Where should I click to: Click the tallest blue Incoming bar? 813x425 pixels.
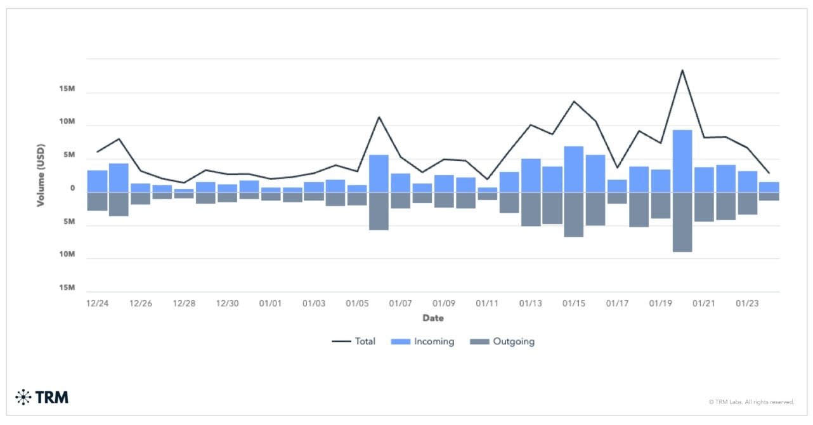[682, 161]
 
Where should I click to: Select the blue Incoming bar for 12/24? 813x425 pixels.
[97, 181]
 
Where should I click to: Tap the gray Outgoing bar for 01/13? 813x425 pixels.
[531, 209]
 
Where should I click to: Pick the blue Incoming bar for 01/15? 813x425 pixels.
[574, 169]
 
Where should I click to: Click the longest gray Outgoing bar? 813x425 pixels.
[682, 222]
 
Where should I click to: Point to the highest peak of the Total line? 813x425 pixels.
[682, 70]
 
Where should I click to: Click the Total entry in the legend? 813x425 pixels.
[354, 341]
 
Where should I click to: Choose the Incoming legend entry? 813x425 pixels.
[422, 341]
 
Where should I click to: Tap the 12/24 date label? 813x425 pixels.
[97, 303]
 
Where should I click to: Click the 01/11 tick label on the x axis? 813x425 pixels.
[487, 303]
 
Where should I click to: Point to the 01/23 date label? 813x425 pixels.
[747, 303]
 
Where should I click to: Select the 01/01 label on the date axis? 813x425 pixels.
[270, 303]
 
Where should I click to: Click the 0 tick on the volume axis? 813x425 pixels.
[73, 188]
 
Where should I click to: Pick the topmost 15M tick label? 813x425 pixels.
[67, 89]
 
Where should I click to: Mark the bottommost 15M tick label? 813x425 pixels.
[67, 288]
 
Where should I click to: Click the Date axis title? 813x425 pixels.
[433, 318]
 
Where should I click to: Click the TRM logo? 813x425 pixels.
[42, 398]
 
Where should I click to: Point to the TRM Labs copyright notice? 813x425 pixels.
[751, 402]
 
